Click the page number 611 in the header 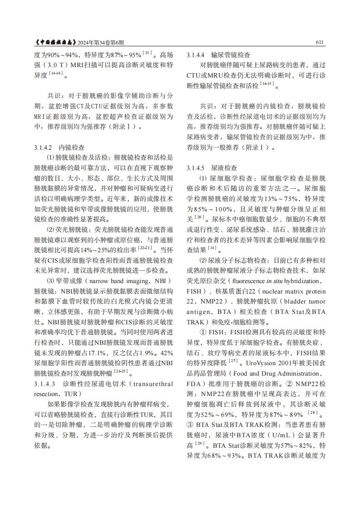tap(319, 43)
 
